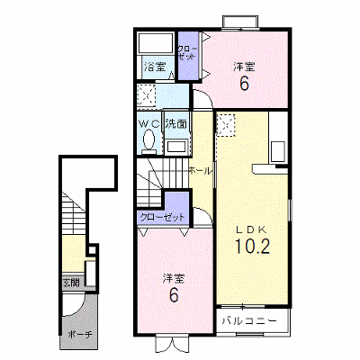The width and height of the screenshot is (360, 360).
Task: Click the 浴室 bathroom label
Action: pyautogui.click(x=155, y=67)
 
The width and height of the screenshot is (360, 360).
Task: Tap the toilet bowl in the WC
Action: pyautogui.click(x=149, y=139)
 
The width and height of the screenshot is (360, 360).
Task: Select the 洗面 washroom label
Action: pyautogui.click(x=176, y=124)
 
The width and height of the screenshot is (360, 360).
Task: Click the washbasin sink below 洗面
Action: pyautogui.click(x=176, y=147)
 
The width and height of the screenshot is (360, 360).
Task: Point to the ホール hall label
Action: pyautogui.click(x=201, y=171)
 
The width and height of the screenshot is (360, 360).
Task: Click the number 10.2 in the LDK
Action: pyautogui.click(x=252, y=247)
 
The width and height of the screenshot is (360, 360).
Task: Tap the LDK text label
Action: pyautogui.click(x=251, y=229)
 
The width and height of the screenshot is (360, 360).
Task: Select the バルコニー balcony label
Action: pyautogui.click(x=249, y=321)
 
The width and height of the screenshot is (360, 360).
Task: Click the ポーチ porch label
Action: pyautogui.click(x=79, y=334)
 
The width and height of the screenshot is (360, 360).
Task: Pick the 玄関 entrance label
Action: pyautogui.click(x=71, y=283)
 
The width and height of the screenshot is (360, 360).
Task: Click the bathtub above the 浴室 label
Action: pyautogui.click(x=155, y=42)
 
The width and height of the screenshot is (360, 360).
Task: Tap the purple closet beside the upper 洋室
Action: pyautogui.click(x=188, y=56)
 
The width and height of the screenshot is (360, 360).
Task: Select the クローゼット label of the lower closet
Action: pyautogui.click(x=162, y=217)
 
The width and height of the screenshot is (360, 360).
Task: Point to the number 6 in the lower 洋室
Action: pyautogui.click(x=174, y=294)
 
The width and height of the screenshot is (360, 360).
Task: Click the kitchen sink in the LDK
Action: pyautogui.click(x=277, y=151)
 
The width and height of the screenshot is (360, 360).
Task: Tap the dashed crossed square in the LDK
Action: pyautogui.click(x=226, y=125)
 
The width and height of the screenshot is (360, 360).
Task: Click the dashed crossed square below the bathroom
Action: pyautogui.click(x=147, y=95)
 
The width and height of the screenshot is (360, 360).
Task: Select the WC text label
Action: pyautogui.click(x=149, y=124)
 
